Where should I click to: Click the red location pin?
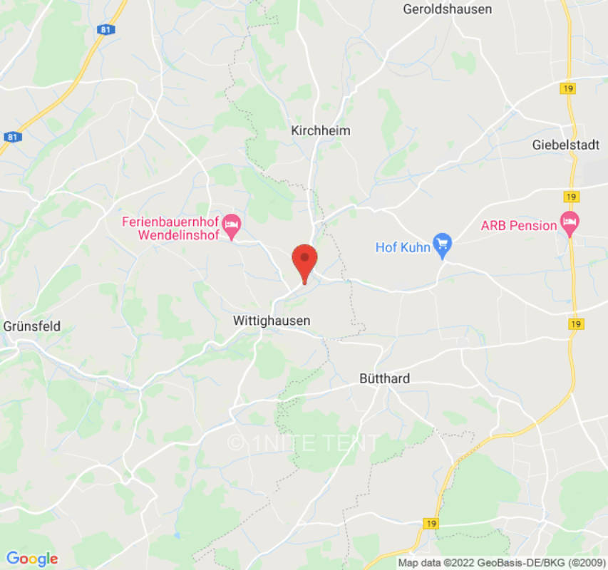click(x=305, y=261)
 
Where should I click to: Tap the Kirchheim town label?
click(x=321, y=131)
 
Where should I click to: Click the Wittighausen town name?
click(x=272, y=321)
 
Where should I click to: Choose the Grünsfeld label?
click(x=32, y=326)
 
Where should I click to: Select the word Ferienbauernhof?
click(x=168, y=221)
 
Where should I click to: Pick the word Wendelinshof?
click(x=178, y=235)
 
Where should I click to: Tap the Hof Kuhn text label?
click(x=403, y=247)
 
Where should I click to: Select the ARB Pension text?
click(x=519, y=226)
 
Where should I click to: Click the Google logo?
click(x=32, y=558)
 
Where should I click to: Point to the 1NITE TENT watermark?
click(x=303, y=442)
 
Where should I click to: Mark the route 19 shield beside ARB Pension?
click(x=570, y=197)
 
